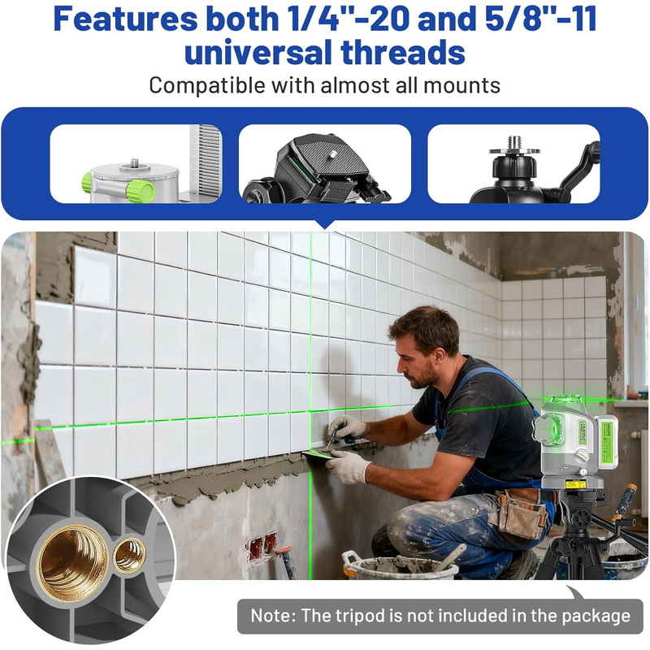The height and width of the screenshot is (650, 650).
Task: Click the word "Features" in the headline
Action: point(126,19)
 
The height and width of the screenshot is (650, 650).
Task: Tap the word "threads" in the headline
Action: point(402,52)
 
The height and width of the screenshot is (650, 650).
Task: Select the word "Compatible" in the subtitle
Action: point(207,86)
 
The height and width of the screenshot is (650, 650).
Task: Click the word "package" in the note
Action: point(596,617)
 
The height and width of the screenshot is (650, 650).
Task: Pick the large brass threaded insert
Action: point(72,562)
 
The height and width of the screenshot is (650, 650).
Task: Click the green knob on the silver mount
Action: point(140,191)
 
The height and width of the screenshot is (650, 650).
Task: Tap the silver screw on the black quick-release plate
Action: point(333,154)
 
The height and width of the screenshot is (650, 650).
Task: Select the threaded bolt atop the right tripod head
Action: point(514,143)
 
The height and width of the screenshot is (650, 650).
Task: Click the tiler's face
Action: point(413,362)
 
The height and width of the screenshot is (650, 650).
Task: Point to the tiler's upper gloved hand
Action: point(346,429)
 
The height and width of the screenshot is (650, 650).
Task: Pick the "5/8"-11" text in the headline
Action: point(540,19)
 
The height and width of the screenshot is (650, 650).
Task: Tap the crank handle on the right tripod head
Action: point(581,165)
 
